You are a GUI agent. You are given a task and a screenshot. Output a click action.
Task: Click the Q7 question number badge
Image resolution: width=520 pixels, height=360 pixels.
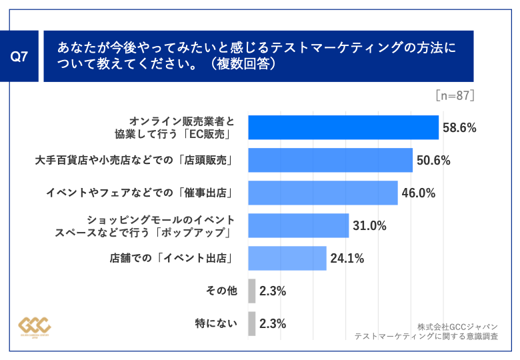click(x=23, y=57)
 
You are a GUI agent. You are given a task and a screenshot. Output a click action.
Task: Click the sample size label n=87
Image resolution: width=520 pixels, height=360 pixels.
click(x=455, y=95)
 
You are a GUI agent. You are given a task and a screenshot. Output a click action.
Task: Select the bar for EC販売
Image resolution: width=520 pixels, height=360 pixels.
click(x=343, y=127)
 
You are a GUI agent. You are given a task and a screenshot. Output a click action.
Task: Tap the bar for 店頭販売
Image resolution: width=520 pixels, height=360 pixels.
click(x=330, y=160)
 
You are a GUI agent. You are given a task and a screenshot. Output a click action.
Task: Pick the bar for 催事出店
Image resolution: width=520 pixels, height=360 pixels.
click(x=323, y=193)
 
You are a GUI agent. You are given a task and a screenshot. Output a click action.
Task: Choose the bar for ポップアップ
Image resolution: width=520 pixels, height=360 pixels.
click(x=298, y=225)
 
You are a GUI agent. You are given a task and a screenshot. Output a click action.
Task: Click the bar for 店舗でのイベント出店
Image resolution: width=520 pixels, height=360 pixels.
click(x=287, y=258)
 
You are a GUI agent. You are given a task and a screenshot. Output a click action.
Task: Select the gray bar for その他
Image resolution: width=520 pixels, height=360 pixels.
click(x=251, y=291)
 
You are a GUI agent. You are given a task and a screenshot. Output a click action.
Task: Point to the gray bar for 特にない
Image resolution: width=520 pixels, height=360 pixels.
click(x=251, y=323)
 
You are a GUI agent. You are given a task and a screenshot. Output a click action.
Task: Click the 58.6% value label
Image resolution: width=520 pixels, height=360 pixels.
click(x=459, y=127)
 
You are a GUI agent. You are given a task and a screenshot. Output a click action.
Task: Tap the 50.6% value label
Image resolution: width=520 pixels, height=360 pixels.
click(x=434, y=160)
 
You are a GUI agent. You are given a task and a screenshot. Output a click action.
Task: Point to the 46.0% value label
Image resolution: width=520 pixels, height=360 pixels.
click(x=419, y=193)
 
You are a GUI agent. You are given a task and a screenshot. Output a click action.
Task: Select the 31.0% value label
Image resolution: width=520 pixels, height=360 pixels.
click(x=369, y=225)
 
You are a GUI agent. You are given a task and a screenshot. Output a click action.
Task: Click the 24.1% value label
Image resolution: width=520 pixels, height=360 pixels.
click(x=347, y=258)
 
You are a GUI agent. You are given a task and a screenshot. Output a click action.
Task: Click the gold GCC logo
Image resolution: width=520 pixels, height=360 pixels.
click(x=34, y=326)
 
